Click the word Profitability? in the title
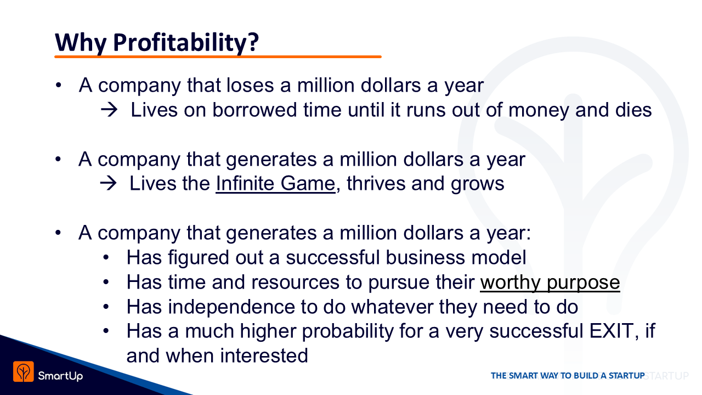point(186,43)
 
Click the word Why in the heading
point(81,43)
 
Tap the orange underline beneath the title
point(218,57)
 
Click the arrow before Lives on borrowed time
point(109,110)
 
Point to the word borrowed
point(254,110)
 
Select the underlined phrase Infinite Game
point(275,183)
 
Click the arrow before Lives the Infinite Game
point(109,183)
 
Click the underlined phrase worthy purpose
point(550,283)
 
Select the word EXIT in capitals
point(612,331)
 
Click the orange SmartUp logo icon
point(24,372)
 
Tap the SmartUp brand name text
point(60,376)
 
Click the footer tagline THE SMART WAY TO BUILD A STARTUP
point(568,376)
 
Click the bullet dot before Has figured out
point(106,258)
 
